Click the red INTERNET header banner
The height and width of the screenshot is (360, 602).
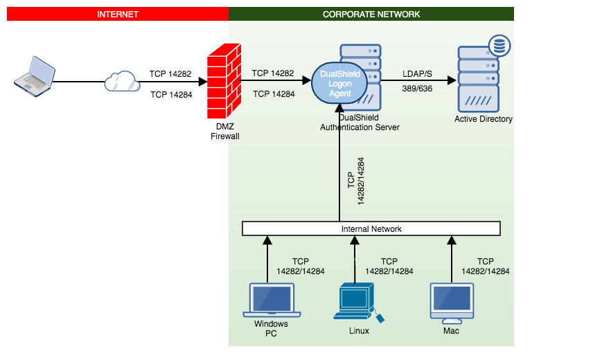[x=117, y=14]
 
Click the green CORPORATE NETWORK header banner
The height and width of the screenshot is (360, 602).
[x=371, y=14]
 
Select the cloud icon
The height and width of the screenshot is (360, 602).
[x=122, y=82]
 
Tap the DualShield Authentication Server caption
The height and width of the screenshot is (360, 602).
[x=360, y=123]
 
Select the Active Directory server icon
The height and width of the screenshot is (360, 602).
[x=478, y=80]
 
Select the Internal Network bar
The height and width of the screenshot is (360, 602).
[x=371, y=228]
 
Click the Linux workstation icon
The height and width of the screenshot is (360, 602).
[x=357, y=303]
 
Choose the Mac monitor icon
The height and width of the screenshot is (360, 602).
[x=450, y=303]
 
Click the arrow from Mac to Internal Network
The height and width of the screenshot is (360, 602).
[x=452, y=260]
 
